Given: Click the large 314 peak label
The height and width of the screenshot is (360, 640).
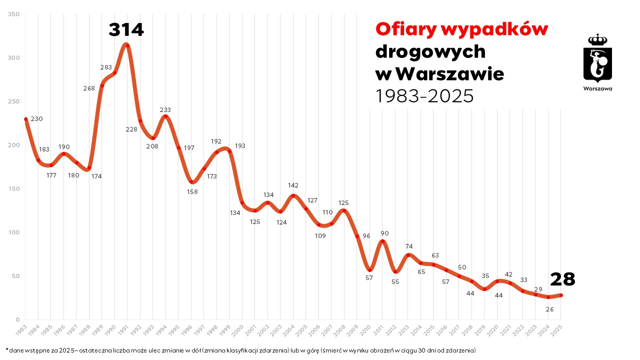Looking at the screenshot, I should pyautogui.click(x=126, y=30).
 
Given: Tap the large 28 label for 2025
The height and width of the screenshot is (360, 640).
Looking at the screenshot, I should pyautogui.click(x=562, y=279).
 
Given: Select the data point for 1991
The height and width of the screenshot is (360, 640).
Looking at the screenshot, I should pyautogui.click(x=127, y=45).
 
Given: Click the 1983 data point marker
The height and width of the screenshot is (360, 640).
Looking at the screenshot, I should pyautogui.click(x=25, y=119).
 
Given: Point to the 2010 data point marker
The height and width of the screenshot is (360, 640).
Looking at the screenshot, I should pyautogui.click(x=370, y=270).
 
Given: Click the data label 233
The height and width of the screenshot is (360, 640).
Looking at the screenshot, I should pyautogui.click(x=165, y=109).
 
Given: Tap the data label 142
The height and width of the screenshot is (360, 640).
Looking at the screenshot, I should pyautogui.click(x=293, y=185).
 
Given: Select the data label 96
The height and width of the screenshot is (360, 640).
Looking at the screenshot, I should pyautogui.click(x=366, y=236).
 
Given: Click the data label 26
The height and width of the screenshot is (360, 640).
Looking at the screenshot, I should pyautogui.click(x=549, y=309).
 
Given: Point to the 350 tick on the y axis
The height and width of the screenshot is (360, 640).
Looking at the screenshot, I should pyautogui.click(x=14, y=14).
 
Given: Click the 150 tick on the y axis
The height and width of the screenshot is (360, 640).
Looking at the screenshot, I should pyautogui.click(x=14, y=189).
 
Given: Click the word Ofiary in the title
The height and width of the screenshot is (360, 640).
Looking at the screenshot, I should pyautogui.click(x=405, y=29).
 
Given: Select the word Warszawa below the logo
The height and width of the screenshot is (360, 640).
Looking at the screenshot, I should pyautogui.click(x=597, y=88).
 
